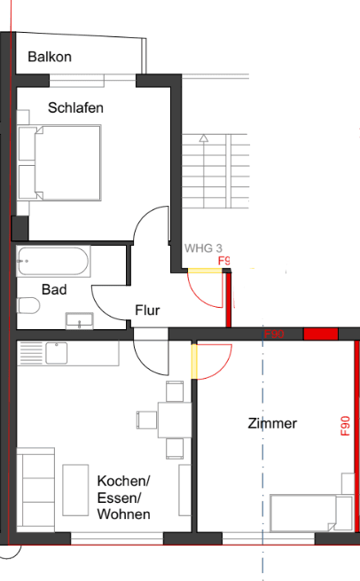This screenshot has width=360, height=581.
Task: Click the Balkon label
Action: pos(50,57)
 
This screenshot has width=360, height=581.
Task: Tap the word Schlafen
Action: pos(75,107)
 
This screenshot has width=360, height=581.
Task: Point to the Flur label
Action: pos(147,310)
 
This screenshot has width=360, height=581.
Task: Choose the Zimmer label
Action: pos(272,424)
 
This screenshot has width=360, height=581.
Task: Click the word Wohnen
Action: pos(123,514)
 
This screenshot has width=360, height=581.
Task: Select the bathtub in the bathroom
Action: pos(52,262)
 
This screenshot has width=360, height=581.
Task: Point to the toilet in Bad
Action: pos(28,307)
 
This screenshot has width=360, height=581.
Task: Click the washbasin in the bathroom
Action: pos(80,319)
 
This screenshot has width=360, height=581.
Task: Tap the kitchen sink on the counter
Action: pos(56,353)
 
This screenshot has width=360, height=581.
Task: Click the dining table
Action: pos(174,418)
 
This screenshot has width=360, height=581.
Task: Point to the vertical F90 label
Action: pos(346,427)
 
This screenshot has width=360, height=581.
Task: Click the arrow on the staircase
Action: pos(203,138)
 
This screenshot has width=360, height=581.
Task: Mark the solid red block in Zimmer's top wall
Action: pos(320,334)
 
